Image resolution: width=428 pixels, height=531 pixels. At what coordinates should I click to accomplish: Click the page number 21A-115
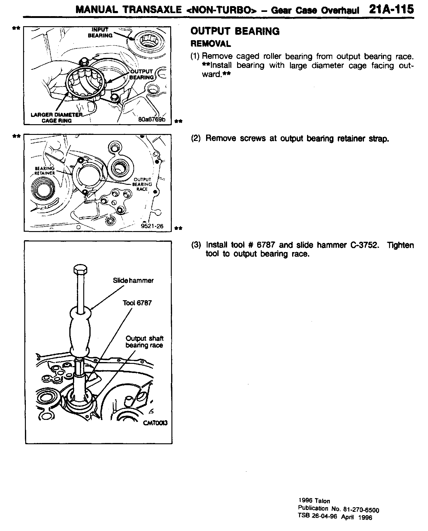391,9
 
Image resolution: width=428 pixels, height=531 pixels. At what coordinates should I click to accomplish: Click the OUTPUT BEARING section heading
235,31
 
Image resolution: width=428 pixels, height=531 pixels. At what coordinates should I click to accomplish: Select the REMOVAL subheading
210,44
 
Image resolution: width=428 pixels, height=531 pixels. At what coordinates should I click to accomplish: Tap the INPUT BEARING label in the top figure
100,33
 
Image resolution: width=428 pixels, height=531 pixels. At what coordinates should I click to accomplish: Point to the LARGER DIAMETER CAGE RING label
57,118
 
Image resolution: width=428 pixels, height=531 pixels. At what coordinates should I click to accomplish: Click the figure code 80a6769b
151,119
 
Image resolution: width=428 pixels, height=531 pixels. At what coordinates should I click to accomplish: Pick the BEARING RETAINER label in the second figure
44,171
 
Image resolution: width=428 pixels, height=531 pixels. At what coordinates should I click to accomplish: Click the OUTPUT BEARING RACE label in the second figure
142,184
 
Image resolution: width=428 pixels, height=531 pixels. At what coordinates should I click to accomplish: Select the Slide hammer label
133,280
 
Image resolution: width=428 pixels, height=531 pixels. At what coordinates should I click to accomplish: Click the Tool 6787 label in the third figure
137,303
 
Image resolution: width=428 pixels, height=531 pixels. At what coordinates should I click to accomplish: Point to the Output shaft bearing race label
144,342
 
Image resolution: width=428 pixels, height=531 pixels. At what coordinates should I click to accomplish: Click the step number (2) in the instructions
196,139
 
